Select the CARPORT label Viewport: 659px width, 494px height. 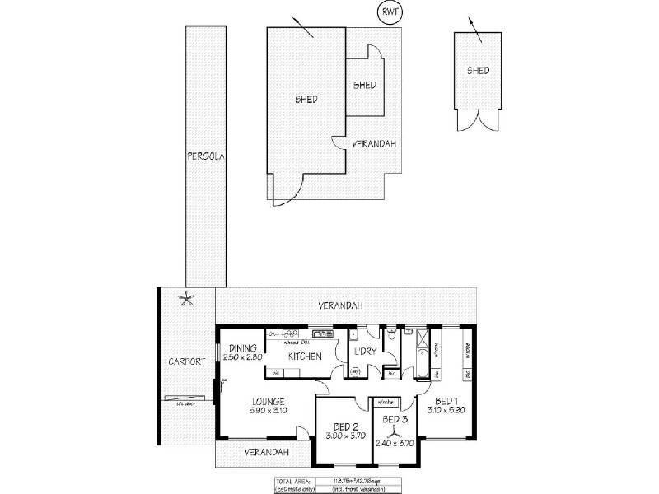(186, 361)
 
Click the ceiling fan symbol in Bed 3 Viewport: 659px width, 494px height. (394, 421)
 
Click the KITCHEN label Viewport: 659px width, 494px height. (303, 357)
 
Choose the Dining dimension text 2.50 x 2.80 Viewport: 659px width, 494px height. (245, 357)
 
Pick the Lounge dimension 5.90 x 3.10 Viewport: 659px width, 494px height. (268, 411)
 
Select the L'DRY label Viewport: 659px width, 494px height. (365, 352)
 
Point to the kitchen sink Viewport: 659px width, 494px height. (290, 333)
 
